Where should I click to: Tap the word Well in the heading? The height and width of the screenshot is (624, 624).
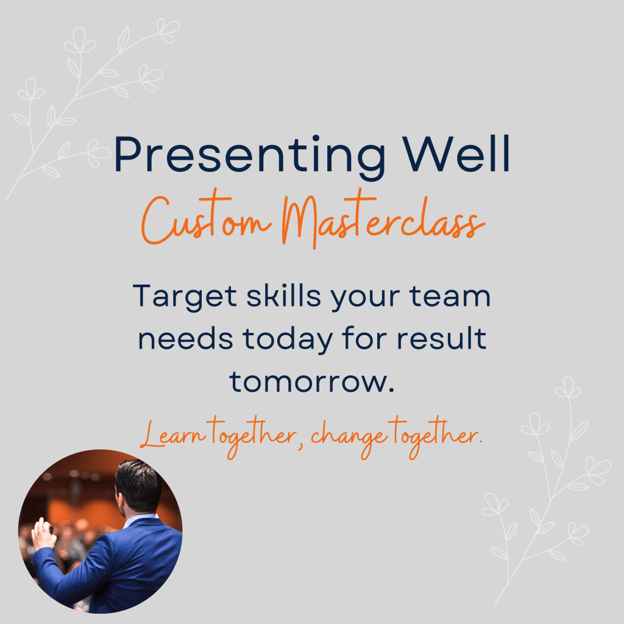point(456,154)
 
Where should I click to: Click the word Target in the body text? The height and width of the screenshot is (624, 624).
point(185,297)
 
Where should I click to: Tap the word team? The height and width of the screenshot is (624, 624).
point(450,297)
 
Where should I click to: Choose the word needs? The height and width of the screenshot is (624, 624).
point(185,339)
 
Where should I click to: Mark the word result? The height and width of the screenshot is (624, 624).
point(441,339)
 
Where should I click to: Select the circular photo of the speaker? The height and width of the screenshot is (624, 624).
point(101,531)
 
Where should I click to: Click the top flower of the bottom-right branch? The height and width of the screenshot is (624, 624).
point(568,388)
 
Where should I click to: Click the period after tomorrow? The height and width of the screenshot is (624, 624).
point(391,390)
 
